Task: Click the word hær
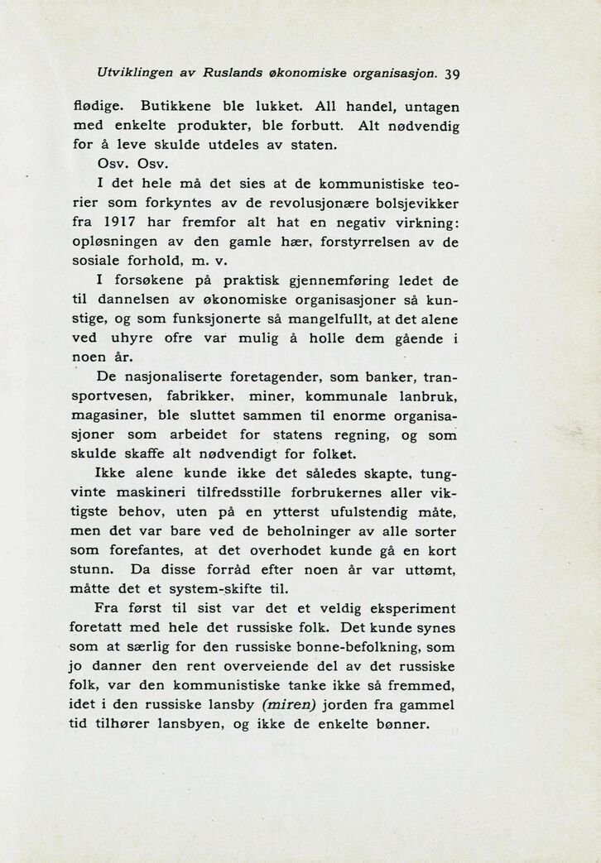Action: click(294, 243)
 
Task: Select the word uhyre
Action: click(138, 339)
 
